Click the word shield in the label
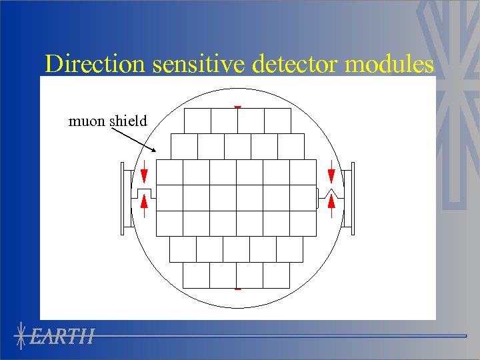pos(127,121)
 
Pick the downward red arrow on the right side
pos(331,173)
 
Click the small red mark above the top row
pos(237,107)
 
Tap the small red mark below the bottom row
pos(237,289)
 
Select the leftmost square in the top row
pos(197,121)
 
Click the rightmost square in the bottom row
pos(277,275)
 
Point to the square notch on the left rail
pos(144,193)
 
